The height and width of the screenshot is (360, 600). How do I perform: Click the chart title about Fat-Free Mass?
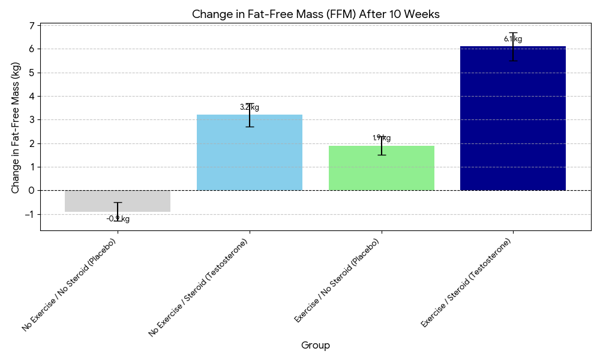coord(316,14)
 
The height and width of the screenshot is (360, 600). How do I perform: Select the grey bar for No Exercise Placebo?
coord(118,201)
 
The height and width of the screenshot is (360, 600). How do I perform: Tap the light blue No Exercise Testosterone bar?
coord(250,153)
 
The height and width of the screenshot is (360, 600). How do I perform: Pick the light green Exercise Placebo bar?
coord(381,169)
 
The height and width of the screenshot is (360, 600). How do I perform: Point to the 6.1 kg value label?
coord(513,40)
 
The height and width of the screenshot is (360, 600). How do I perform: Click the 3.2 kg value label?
coord(250,107)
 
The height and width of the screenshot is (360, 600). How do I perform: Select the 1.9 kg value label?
coord(381,138)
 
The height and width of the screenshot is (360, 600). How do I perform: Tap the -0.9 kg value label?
coord(118,219)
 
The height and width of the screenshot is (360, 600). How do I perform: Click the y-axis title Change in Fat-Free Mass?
coord(16,127)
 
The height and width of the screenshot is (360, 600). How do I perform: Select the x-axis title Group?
coord(316,345)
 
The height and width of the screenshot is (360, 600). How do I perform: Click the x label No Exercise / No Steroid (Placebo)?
coord(70,285)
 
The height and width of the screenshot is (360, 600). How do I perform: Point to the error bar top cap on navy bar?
coord(513,32)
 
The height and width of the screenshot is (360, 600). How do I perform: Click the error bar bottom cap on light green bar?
coord(381,155)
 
